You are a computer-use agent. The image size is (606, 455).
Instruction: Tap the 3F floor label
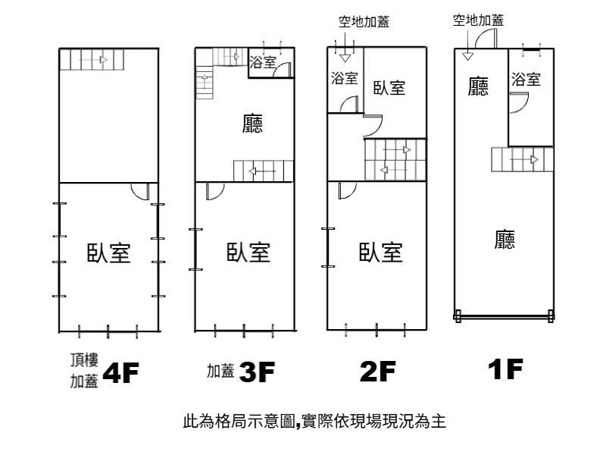tap(258, 372)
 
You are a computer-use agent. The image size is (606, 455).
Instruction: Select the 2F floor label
tap(377, 372)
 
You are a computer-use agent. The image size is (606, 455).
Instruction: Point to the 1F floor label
tap(505, 369)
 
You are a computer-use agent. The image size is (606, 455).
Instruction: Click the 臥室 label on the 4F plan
tap(108, 253)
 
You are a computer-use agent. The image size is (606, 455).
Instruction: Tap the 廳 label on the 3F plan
tap(253, 124)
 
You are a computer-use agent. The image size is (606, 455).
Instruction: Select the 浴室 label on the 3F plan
tap(263, 63)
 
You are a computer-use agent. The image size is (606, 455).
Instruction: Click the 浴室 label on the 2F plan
tap(345, 77)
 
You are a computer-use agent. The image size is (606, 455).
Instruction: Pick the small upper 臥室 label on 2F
tap(389, 88)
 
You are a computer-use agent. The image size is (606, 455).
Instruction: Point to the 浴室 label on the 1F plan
tap(526, 79)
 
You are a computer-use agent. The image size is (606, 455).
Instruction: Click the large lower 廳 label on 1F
tap(505, 240)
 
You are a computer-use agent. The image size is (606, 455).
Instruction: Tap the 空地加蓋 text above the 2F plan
tap(364, 22)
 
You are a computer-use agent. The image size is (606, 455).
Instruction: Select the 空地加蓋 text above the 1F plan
tap(478, 20)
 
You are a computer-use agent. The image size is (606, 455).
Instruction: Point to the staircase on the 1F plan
tap(519, 159)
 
